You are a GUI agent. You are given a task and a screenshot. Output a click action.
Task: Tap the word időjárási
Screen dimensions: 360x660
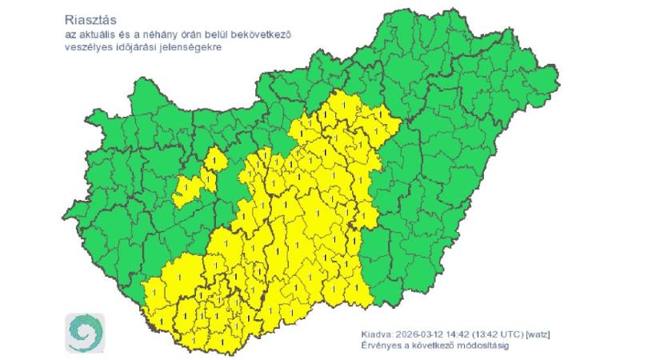point(132,48)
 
